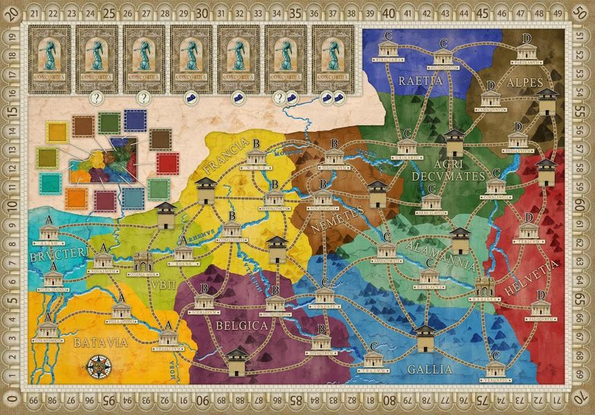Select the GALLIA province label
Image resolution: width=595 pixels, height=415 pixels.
click(430, 369)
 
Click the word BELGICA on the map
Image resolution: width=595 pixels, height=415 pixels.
click(242, 326)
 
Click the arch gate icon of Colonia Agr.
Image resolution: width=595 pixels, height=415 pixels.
click(144, 262)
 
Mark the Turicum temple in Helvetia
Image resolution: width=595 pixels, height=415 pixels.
click(528, 232)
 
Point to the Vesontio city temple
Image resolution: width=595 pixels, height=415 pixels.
click(495, 369)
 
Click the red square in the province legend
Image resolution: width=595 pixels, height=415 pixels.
click(168, 164)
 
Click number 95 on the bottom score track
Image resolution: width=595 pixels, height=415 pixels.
click(108, 401)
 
